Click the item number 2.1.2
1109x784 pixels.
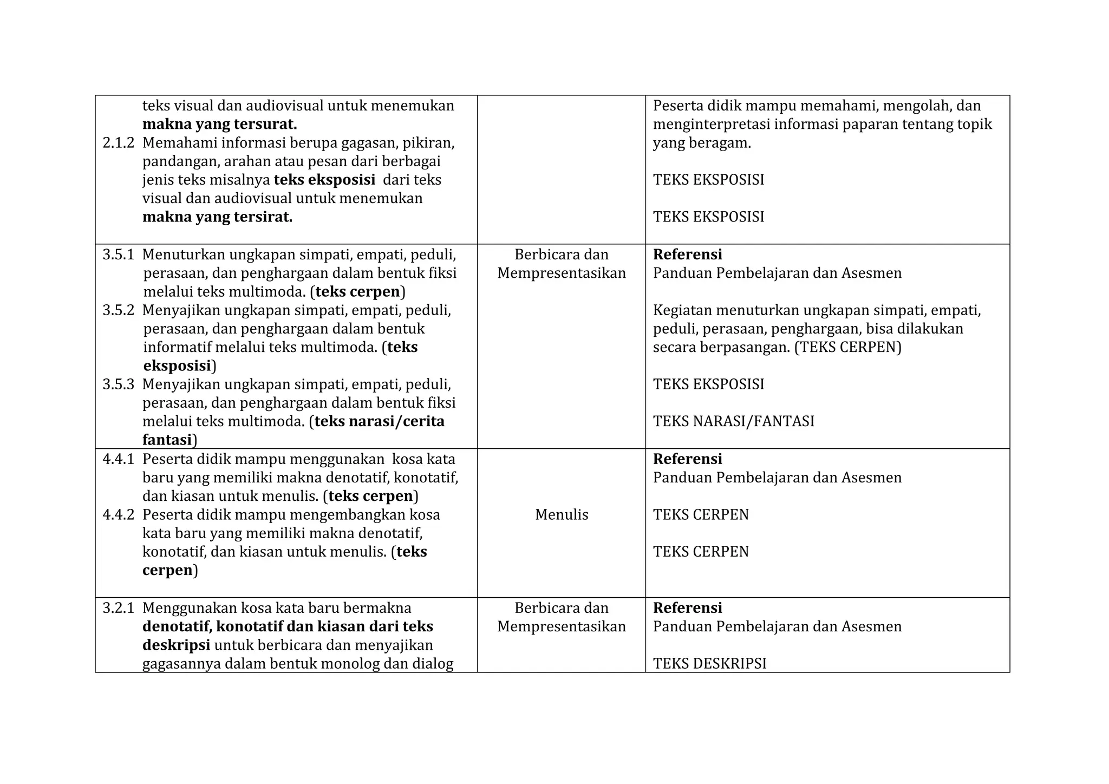click(x=118, y=143)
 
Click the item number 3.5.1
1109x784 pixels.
click(x=118, y=254)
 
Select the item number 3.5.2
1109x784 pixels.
click(x=118, y=310)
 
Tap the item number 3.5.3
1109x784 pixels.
click(x=118, y=384)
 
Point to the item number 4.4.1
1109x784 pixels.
click(x=118, y=459)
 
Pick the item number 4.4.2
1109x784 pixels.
click(x=118, y=515)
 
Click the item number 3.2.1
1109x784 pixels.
click(x=118, y=608)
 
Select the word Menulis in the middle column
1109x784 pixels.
click(x=561, y=515)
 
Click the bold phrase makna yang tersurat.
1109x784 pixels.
click(x=219, y=125)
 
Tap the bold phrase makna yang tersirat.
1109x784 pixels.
click(x=217, y=217)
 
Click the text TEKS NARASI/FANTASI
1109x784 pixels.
click(x=733, y=421)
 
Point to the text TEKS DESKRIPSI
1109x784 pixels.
click(x=709, y=664)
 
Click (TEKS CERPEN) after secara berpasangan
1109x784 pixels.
click(x=847, y=347)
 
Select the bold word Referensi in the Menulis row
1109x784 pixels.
click(x=687, y=459)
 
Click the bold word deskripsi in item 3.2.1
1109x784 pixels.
click(x=176, y=645)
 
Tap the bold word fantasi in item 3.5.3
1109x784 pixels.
click(x=167, y=440)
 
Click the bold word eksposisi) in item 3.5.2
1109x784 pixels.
click(x=179, y=366)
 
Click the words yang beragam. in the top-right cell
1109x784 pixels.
click(x=702, y=143)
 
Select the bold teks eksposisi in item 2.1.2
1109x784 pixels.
click(x=324, y=180)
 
